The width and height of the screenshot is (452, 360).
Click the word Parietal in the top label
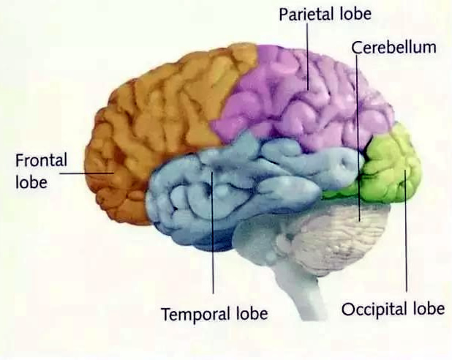pyautogui.click(x=307, y=14)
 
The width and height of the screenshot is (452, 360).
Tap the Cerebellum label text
pyautogui.click(x=393, y=48)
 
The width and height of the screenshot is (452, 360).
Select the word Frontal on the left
pyautogui.click(x=41, y=160)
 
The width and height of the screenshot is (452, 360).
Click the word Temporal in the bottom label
pyautogui.click(x=196, y=314)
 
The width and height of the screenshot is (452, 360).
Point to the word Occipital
pyautogui.click(x=374, y=310)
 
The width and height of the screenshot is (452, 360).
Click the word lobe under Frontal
pyautogui.click(x=31, y=182)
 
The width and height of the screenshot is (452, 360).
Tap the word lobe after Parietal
pyautogui.click(x=355, y=14)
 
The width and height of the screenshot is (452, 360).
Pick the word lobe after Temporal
pyautogui.click(x=252, y=313)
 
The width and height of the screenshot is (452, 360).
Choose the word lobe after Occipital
pyautogui.click(x=429, y=308)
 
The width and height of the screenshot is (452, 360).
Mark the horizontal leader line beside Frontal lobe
pyautogui.click(x=86, y=173)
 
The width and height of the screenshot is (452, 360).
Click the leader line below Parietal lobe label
pyautogui.click(x=308, y=56)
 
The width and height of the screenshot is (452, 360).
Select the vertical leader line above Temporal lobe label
pyautogui.click(x=212, y=233)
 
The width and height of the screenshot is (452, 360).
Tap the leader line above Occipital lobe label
pyautogui.click(x=406, y=230)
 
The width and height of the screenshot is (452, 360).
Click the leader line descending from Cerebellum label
pyautogui.click(x=358, y=138)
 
